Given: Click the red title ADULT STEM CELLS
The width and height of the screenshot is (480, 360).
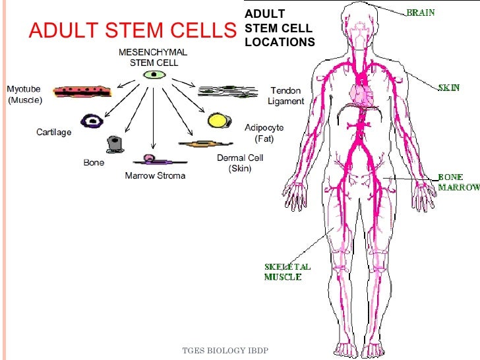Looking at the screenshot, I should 131,31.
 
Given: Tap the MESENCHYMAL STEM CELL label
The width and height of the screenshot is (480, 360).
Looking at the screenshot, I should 152,57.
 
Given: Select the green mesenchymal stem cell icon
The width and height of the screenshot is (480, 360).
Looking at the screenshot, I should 153,75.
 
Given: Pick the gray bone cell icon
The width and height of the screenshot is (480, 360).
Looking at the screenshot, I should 117,144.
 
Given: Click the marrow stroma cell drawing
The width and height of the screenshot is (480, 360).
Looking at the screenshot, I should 151,160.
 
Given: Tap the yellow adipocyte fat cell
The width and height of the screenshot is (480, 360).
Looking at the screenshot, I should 218,121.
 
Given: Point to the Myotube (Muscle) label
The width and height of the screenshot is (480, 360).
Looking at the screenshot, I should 24,95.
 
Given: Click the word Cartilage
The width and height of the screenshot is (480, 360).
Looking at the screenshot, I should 53,132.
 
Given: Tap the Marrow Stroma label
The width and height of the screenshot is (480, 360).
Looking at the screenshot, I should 155,175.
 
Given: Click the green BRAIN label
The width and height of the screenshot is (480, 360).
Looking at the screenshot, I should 420,13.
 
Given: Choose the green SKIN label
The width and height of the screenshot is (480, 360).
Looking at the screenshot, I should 449,87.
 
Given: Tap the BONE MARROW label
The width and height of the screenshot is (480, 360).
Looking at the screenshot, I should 458,183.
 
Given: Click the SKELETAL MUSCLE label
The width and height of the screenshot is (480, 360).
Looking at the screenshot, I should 287,272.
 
